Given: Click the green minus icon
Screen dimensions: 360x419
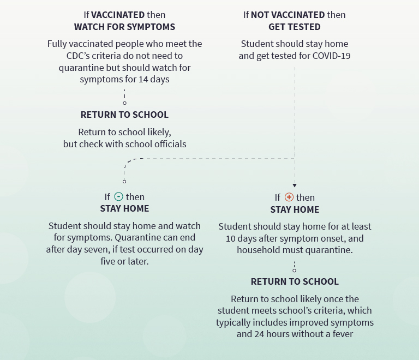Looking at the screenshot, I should [119, 197].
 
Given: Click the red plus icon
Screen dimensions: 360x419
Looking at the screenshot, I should [289, 197].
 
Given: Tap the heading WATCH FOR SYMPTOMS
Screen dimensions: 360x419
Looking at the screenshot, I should [124, 27].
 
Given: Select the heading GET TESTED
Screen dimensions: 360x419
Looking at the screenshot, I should [295, 27].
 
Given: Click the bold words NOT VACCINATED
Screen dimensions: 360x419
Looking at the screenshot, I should [288, 15].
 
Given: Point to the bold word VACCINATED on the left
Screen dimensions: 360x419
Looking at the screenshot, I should [114, 15].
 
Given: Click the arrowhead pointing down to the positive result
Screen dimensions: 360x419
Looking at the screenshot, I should [295, 185].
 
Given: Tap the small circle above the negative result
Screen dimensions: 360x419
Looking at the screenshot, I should [124, 181].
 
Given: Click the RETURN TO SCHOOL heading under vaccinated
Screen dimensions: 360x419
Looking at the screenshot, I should [124, 115].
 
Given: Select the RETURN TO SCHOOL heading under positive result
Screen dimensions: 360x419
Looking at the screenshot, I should [295, 281].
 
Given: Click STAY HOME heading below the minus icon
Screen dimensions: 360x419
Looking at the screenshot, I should [124, 208].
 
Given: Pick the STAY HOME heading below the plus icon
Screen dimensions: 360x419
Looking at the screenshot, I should [295, 209].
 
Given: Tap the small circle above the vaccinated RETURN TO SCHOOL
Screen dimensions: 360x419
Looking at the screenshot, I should [124, 103].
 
